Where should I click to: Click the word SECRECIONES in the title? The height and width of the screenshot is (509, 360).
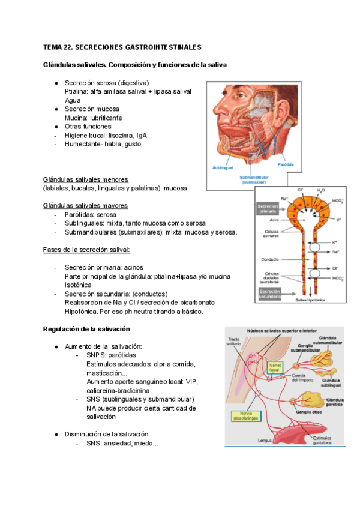[x=101, y=46]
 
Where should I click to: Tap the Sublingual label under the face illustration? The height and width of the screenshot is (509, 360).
[x=221, y=167]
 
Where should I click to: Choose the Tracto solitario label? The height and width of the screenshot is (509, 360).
[x=234, y=342]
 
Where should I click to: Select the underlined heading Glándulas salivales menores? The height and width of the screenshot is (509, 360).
[x=85, y=179]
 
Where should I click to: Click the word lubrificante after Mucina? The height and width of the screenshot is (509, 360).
[x=107, y=118]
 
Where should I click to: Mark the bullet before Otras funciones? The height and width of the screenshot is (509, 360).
[x=55, y=127]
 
